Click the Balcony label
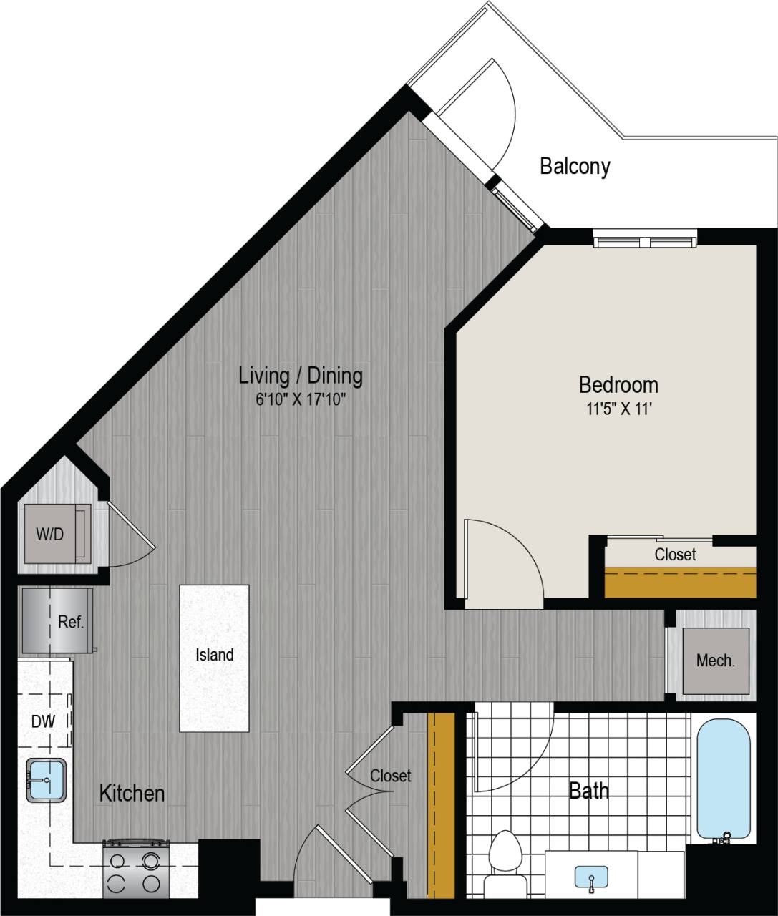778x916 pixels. [x=575, y=166]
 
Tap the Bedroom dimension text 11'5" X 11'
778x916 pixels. [x=618, y=410]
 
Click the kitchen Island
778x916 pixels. [x=215, y=657]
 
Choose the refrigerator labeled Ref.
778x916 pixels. [x=57, y=620]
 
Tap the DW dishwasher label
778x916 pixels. [x=43, y=721]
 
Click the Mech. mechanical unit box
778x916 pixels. [x=715, y=661]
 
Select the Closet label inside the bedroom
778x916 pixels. [x=675, y=555]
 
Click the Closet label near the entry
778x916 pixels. [x=391, y=776]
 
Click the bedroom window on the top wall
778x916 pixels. [x=645, y=240]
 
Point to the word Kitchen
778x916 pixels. [x=132, y=793]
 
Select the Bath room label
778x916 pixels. [x=588, y=791]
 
